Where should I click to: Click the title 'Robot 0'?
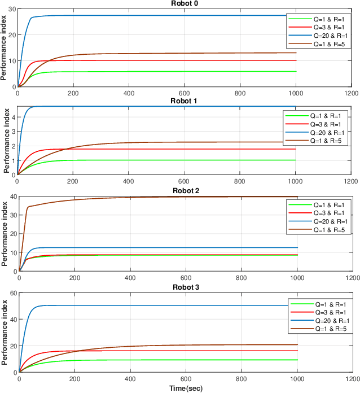184,3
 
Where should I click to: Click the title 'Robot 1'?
184,101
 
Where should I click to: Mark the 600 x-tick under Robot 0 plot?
184,94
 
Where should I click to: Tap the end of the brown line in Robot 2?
297,197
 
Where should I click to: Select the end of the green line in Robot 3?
297,360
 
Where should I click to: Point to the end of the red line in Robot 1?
296,149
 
